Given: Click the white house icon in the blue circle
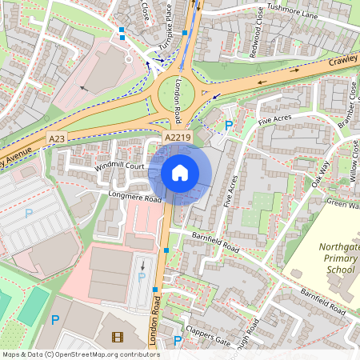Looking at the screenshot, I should coord(180,173).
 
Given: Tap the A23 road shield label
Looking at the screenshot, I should coord(56,138).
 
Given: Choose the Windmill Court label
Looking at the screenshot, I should coord(118,166).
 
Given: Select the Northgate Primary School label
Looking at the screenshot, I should coord(336,258).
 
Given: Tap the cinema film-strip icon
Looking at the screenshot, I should coord(118,338).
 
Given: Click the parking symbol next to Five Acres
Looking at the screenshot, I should coord(229,126).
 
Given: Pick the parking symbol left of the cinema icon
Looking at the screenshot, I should coord(55,320).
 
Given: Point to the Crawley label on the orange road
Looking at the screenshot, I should coord(342,60).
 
